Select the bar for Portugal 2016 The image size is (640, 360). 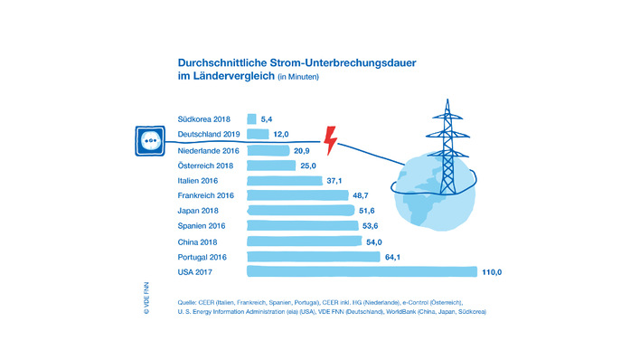pyautogui.click(x=313, y=257)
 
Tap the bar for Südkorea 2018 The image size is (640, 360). pyautogui.click(x=251, y=118)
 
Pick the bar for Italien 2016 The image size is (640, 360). pyautogui.click(x=284, y=180)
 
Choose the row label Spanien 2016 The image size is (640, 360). pyautogui.click(x=202, y=226)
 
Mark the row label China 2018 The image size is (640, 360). pyautogui.click(x=198, y=242)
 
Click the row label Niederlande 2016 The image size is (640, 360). pyautogui.click(x=208, y=149)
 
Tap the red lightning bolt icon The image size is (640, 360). pyautogui.click(x=331, y=141)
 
